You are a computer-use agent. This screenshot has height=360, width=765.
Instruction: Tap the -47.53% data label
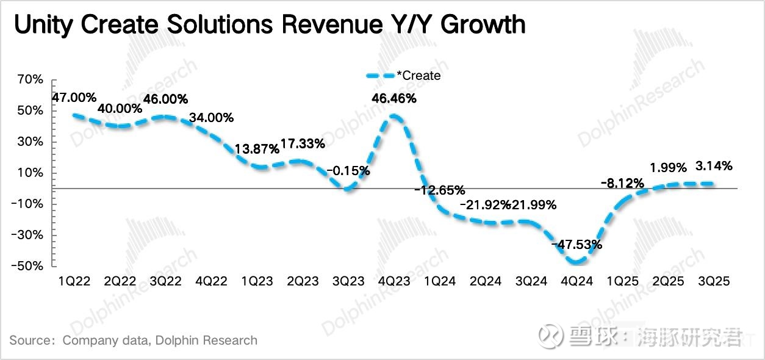pos(576,245)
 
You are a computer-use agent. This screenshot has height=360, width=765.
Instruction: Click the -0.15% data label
pos(348,171)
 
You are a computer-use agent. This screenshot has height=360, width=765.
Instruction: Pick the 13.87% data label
pos(257,148)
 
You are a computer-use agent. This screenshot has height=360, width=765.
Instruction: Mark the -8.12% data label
pos(622,182)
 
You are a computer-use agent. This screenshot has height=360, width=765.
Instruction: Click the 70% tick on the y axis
pos(31,79)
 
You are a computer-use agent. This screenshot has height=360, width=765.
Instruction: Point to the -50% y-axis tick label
pos(29,266)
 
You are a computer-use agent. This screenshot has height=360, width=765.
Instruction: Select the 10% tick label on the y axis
pos(31,173)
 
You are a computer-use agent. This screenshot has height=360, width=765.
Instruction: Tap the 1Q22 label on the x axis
pos(74,281)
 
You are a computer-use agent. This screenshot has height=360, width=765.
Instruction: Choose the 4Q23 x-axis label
pos(393,281)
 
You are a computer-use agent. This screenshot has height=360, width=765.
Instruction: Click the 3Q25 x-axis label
pos(713,281)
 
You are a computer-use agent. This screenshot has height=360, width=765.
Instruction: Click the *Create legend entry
pos(418,76)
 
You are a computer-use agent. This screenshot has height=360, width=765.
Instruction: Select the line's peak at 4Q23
pos(394,115)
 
